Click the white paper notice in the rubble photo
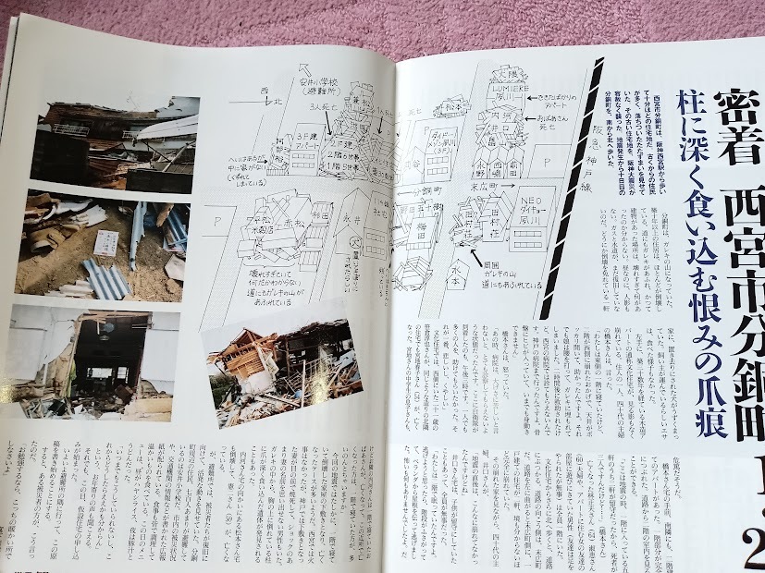(x=109, y=244)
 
